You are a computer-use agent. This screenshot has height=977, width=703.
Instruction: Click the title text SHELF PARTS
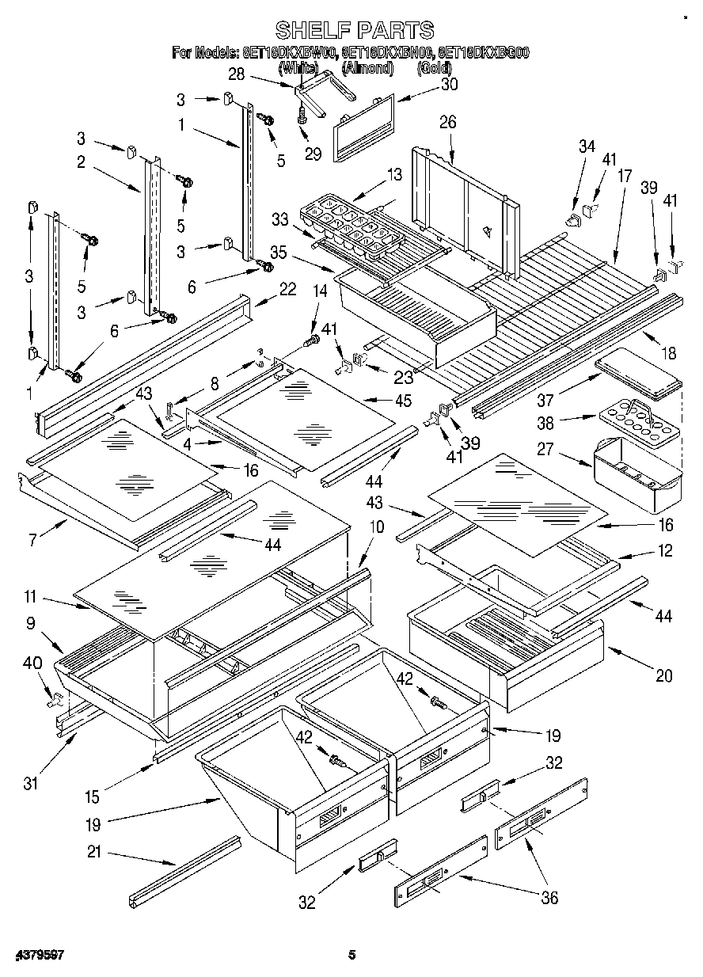(354, 30)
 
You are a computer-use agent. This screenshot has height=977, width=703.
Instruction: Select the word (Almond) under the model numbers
(367, 68)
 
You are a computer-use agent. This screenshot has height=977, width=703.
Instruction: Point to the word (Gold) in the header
(435, 68)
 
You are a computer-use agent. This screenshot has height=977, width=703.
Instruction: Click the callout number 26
(448, 122)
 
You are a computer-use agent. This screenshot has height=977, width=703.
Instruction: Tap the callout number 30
(427, 85)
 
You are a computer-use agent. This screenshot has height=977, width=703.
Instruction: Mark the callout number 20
(663, 675)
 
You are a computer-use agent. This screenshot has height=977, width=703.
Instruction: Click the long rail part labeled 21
(184, 871)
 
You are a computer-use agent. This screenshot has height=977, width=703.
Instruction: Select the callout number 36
(548, 897)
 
